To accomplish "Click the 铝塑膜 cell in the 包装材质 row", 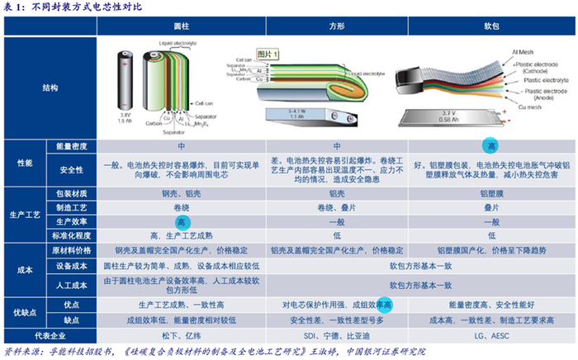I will click(x=492, y=194).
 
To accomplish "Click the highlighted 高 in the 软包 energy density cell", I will click(x=492, y=145).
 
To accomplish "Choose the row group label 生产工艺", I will click(x=26, y=216).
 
